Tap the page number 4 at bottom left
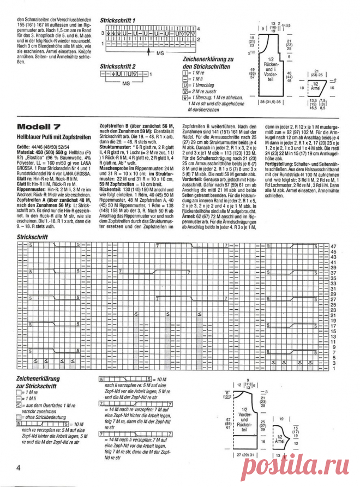pos(19,468)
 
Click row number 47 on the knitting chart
pos(334,246)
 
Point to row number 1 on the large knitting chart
pos(333,369)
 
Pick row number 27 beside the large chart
pos(334,299)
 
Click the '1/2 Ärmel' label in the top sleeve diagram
pos(315,86)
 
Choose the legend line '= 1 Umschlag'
pos(205,86)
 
